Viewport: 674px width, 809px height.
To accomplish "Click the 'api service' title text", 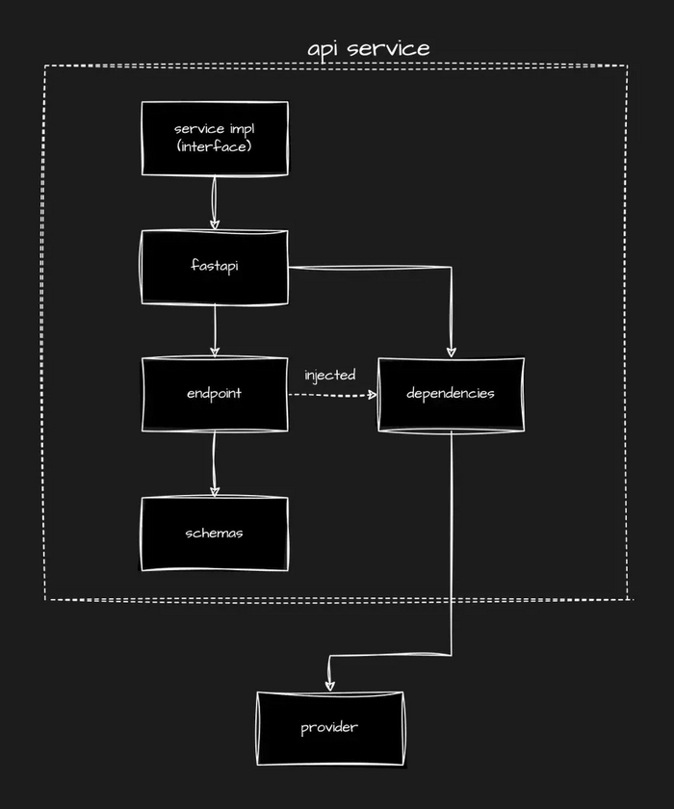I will click(369, 48).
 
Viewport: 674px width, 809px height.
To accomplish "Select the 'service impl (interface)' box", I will click(215, 138).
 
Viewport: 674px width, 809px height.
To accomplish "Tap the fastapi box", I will click(215, 266).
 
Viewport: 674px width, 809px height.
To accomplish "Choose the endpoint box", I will click(215, 394).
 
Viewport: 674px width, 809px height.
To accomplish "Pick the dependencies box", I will click(451, 394).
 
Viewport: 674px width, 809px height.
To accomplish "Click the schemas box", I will click(215, 534).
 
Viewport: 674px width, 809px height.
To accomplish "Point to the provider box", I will click(329, 727).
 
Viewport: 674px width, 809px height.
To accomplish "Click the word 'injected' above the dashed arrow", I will click(330, 375).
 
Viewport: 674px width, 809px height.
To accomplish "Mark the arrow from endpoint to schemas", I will click(214, 463).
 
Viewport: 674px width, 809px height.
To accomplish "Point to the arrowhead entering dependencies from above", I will click(451, 350).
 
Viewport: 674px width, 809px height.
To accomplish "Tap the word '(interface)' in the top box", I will click(215, 146).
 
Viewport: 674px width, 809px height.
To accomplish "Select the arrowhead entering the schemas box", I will click(214, 490).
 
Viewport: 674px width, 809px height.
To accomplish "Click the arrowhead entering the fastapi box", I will click(214, 222).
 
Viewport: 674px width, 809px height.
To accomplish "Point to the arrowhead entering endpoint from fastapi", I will click(214, 351).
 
